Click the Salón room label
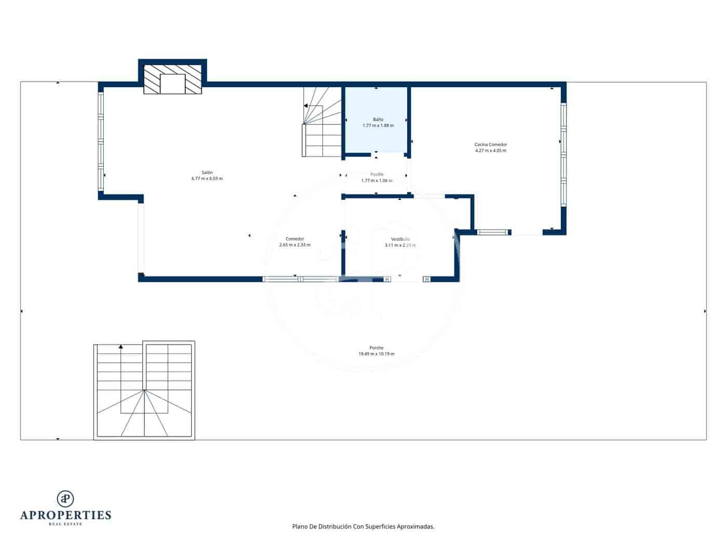tap(207, 172)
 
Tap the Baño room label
tap(378, 119)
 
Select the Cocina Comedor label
tap(490, 144)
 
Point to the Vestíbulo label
tap(400, 239)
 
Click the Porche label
tap(376, 348)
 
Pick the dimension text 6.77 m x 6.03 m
tap(207, 179)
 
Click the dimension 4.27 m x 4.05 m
tap(490, 151)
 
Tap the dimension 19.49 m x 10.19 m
tap(376, 354)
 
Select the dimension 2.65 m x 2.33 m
tap(294, 245)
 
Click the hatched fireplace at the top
tap(172, 79)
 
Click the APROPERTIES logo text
tap(65, 515)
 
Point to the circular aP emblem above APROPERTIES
tap(65, 498)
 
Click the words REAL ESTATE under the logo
tap(65, 524)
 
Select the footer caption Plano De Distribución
tap(363, 526)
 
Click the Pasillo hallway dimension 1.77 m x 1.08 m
tap(376, 181)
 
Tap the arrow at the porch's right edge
tap(705, 311)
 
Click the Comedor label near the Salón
tap(294, 239)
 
